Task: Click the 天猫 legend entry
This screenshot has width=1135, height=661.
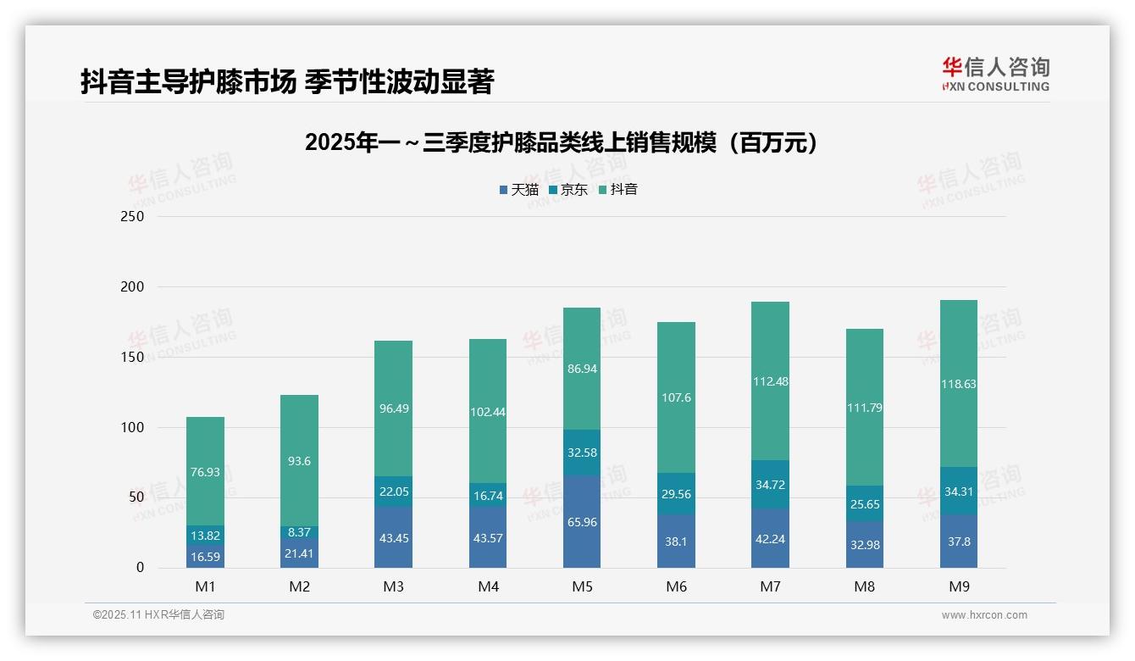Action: coord(519,189)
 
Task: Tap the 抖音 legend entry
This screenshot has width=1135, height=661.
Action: coord(618,189)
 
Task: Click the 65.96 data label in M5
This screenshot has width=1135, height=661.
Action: coord(582,522)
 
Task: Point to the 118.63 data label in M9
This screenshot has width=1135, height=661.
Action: coord(958,384)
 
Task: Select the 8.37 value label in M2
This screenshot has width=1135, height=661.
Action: coord(299,532)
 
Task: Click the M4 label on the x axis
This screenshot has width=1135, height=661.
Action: coord(488,586)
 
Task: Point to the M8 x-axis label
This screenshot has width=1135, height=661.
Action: coord(864,586)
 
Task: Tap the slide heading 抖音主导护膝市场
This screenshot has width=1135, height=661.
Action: coord(287,82)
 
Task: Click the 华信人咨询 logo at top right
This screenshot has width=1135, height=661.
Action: coord(995,74)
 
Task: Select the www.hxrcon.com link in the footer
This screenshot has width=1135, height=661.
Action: coord(984,615)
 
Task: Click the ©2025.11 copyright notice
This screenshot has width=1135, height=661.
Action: coord(158,615)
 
